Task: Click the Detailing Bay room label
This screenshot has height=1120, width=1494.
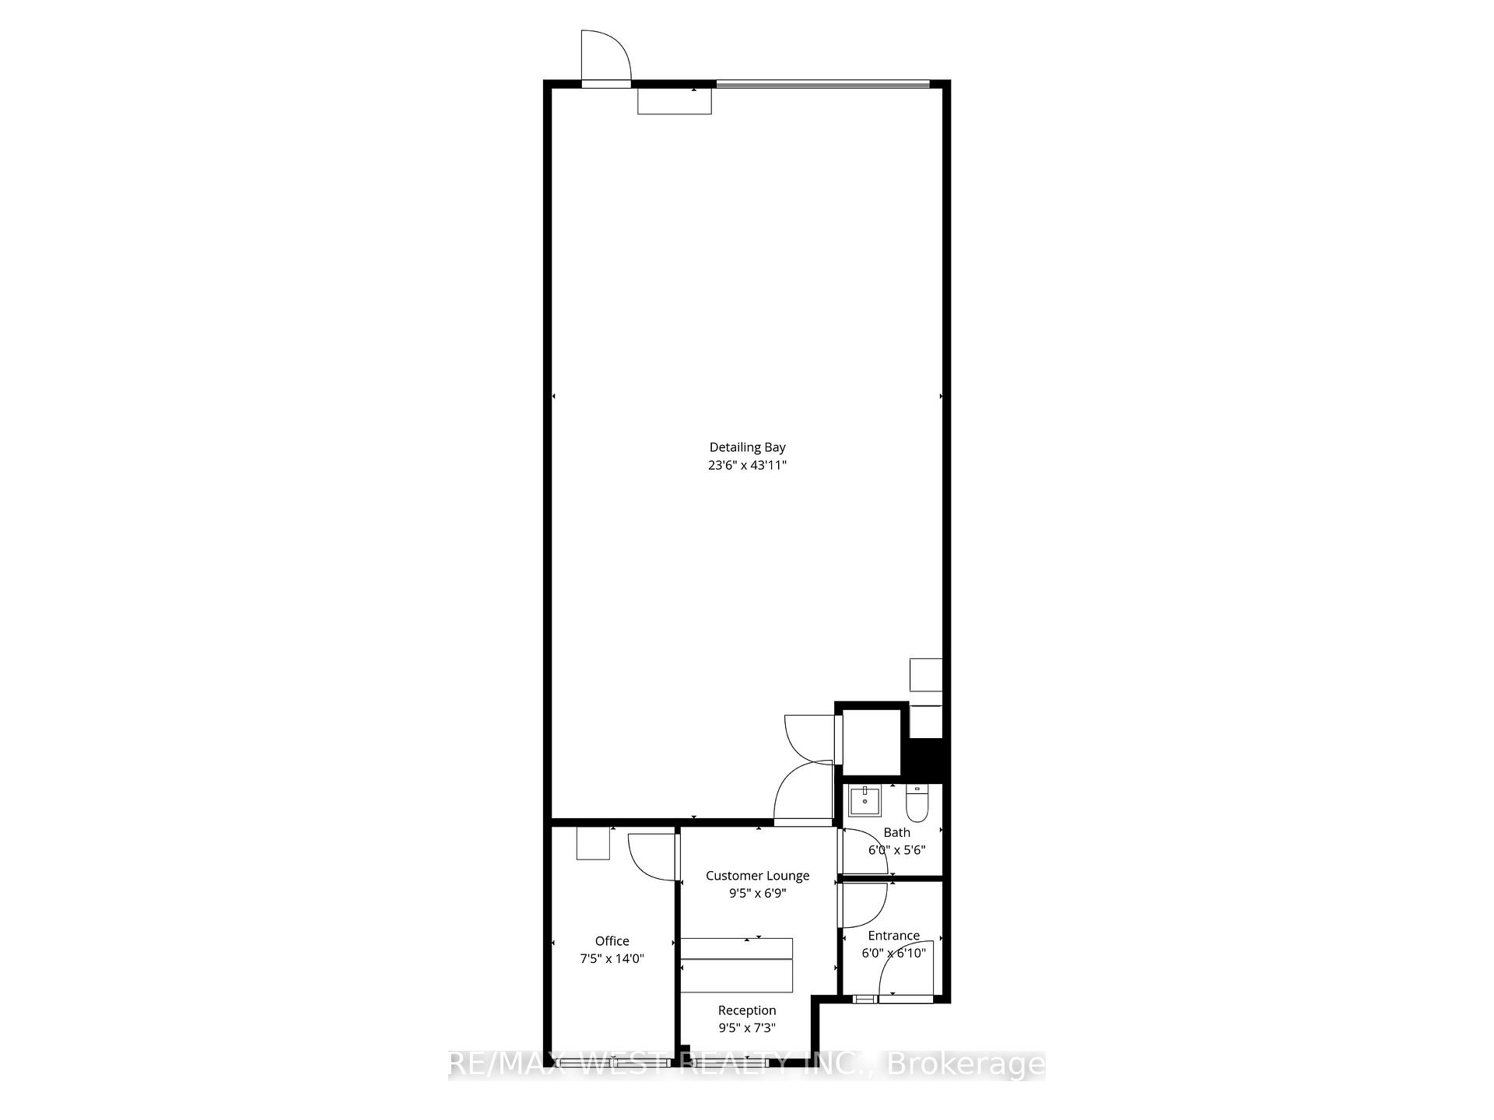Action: click(747, 447)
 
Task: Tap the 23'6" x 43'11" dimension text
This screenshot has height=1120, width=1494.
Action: click(747, 465)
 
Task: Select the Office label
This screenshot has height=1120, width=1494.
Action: click(612, 941)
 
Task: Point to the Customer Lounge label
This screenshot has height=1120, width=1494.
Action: click(757, 876)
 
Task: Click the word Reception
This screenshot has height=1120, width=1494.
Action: click(746, 1010)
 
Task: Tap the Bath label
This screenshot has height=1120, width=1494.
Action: click(896, 832)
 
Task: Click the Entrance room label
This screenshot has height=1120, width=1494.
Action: click(893, 936)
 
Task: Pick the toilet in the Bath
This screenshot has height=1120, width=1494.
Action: click(917, 803)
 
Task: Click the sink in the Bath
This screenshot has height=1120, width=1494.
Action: click(864, 800)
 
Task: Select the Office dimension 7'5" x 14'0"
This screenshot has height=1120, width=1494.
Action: click(612, 959)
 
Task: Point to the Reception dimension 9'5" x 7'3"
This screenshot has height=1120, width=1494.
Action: click(746, 1028)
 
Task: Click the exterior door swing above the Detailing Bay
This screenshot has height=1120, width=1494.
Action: click(607, 54)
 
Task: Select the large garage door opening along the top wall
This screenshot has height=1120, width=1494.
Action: click(822, 84)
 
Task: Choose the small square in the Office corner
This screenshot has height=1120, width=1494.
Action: click(592, 843)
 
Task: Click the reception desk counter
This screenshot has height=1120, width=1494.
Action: click(736, 964)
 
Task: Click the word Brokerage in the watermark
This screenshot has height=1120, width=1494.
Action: click(966, 1064)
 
